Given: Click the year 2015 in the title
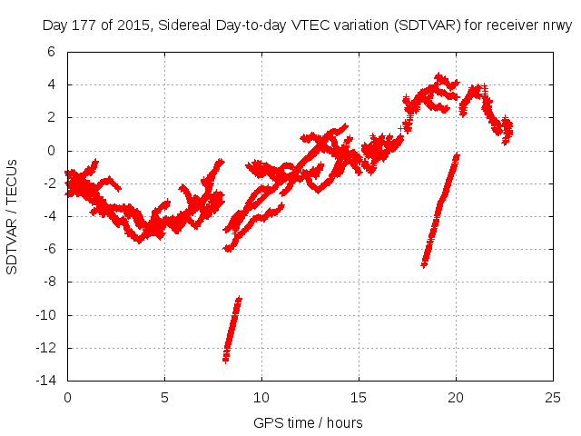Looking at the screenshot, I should pyautogui.click(x=133, y=25).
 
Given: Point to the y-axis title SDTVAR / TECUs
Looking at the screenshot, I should pyautogui.click(x=13, y=216).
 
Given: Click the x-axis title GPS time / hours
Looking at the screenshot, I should pyautogui.click(x=308, y=422).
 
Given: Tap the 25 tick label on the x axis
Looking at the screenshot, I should pyautogui.click(x=553, y=397).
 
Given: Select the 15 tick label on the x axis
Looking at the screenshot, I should pyautogui.click(x=359, y=397).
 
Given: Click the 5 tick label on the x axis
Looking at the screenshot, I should pyautogui.click(x=164, y=397).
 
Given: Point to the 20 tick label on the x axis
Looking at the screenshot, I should pyautogui.click(x=456, y=397).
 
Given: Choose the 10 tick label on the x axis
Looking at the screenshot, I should pyautogui.click(x=261, y=397).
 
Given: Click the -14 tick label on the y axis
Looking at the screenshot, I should pyautogui.click(x=46, y=381).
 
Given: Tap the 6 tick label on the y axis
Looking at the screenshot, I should pyautogui.click(x=52, y=52).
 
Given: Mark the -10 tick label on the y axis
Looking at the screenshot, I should pyautogui.click(x=46, y=315).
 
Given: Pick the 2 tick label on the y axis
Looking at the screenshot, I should pyautogui.click(x=52, y=118).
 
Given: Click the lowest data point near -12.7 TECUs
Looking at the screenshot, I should pyautogui.click(x=226, y=359).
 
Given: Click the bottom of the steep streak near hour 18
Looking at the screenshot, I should pyautogui.click(x=424, y=263).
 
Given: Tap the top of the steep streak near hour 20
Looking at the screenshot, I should pyautogui.click(x=457, y=156).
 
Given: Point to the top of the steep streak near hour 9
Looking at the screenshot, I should pyautogui.click(x=239, y=299).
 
